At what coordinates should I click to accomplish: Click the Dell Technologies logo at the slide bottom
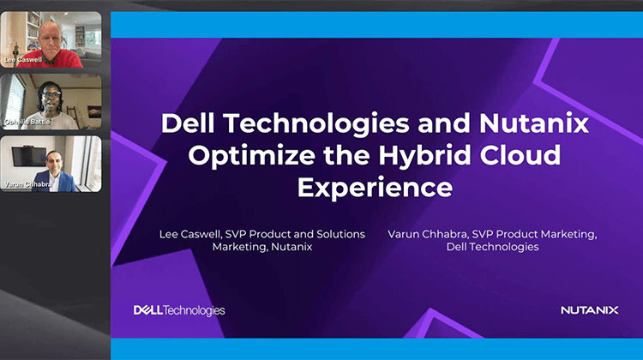coord(180,309)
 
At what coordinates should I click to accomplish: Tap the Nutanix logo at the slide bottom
coord(589,310)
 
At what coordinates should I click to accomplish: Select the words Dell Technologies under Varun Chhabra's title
coord(492,247)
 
